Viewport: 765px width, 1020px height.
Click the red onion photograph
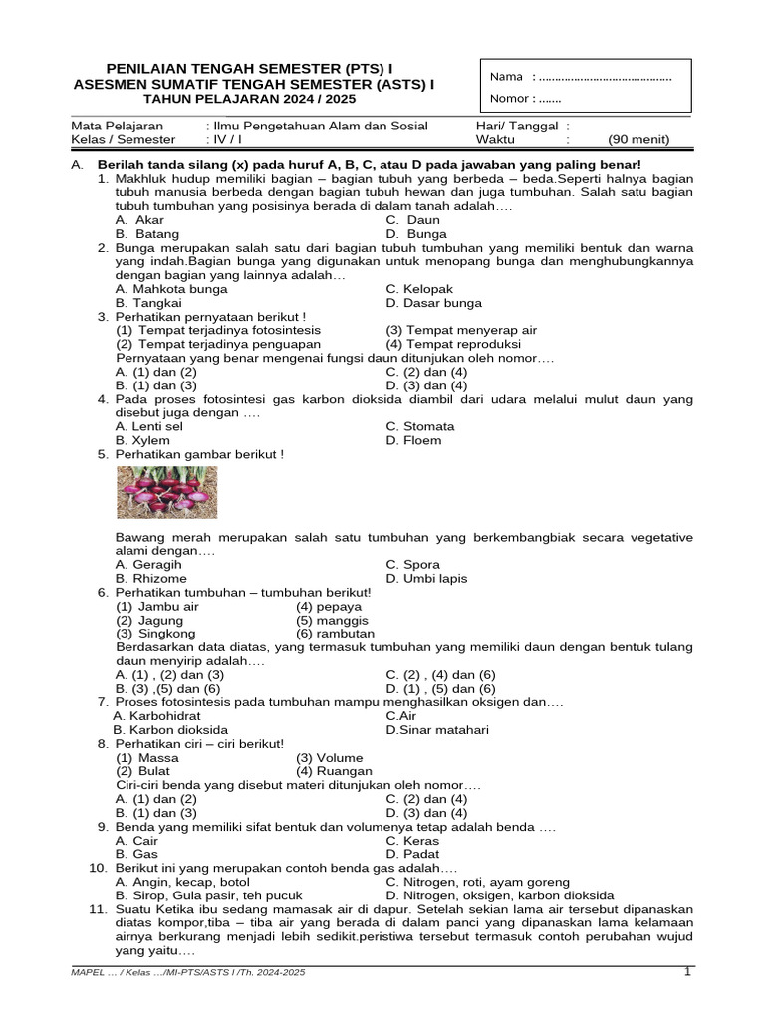tap(166, 492)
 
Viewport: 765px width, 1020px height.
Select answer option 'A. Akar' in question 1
tap(140, 220)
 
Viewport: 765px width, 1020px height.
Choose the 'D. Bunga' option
tap(416, 234)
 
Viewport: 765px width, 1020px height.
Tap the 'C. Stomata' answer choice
tap(420, 426)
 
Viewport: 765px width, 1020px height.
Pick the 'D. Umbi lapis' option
tap(426, 578)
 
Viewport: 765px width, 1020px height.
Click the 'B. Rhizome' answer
tap(151, 578)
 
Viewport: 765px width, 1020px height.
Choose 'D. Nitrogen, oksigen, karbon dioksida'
tap(500, 894)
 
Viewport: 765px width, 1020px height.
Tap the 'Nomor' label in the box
tap(511, 98)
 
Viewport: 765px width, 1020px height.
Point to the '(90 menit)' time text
tap(638, 140)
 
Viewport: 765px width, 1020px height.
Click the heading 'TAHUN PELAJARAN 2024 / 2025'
tap(254, 101)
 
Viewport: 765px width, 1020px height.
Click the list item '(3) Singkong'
tap(155, 634)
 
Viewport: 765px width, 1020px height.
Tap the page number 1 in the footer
tap(687, 972)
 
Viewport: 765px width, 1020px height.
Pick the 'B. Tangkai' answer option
tap(147, 303)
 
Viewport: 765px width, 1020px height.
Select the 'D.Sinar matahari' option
tap(437, 729)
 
